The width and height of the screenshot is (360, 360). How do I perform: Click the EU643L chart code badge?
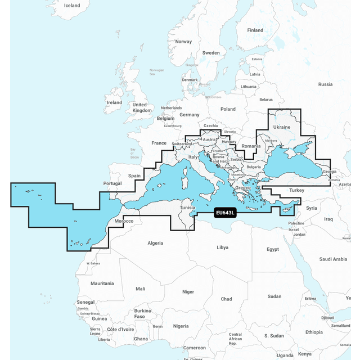[224, 213]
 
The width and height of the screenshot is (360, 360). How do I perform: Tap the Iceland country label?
[72, 6]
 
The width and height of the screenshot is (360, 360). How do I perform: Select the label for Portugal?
[112, 183]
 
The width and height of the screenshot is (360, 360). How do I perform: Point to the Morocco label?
[124, 221]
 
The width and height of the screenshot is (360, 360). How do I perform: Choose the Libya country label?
[222, 247]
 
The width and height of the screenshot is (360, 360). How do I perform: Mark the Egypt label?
[272, 249]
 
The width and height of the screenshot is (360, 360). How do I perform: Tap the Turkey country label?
[296, 191]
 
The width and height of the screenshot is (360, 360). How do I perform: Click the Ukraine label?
[281, 127]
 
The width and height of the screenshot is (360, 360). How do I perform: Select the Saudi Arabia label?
[333, 259]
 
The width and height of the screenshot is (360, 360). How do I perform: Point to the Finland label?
[255, 30]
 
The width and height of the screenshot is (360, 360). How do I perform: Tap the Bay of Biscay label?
[134, 154]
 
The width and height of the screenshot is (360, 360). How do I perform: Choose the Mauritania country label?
[102, 283]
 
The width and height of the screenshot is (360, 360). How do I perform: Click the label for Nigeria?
[181, 326]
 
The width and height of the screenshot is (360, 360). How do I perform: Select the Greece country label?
[242, 188]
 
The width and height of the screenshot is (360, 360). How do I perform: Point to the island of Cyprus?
[288, 209]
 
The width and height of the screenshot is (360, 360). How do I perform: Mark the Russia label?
[325, 84]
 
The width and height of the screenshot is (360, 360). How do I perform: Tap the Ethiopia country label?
[314, 332]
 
